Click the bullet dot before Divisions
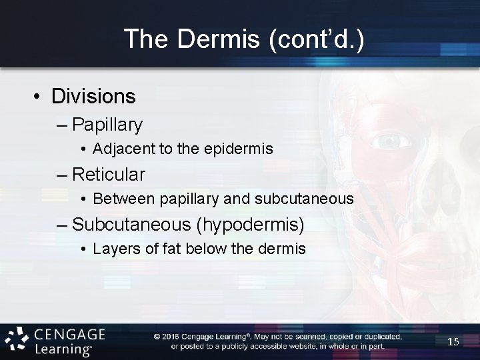pos(37,97)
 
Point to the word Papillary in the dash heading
pos(107,125)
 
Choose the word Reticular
pos(109,175)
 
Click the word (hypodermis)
pos(252,225)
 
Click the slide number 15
pos(453,342)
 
